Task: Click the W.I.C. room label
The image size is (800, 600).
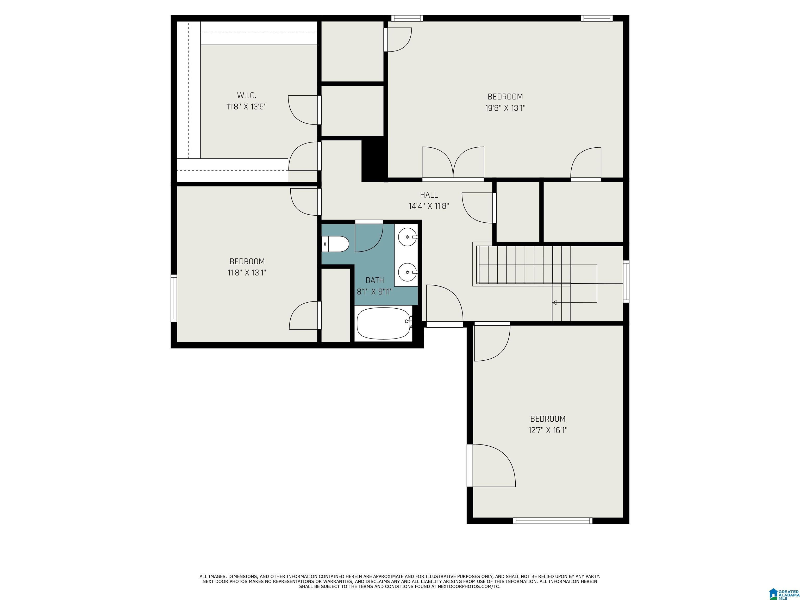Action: click(x=247, y=96)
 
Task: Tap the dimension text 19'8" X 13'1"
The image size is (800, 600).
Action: click(x=505, y=108)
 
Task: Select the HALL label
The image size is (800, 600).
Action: click(x=429, y=195)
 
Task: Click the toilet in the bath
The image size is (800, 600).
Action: click(x=335, y=244)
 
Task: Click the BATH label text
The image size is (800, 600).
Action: click(x=375, y=280)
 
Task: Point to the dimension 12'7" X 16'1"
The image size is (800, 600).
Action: click(x=548, y=430)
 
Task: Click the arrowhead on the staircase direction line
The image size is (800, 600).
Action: click(x=554, y=302)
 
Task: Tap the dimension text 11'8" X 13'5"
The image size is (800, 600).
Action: click(x=247, y=107)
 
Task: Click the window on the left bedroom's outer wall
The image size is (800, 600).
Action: click(x=174, y=298)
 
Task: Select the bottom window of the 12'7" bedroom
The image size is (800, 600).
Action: click(x=553, y=521)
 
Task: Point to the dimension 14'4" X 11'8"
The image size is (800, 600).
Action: click(x=429, y=206)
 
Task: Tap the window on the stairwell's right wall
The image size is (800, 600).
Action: click(x=626, y=281)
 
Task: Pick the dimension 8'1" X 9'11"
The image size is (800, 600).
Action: click(x=375, y=291)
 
